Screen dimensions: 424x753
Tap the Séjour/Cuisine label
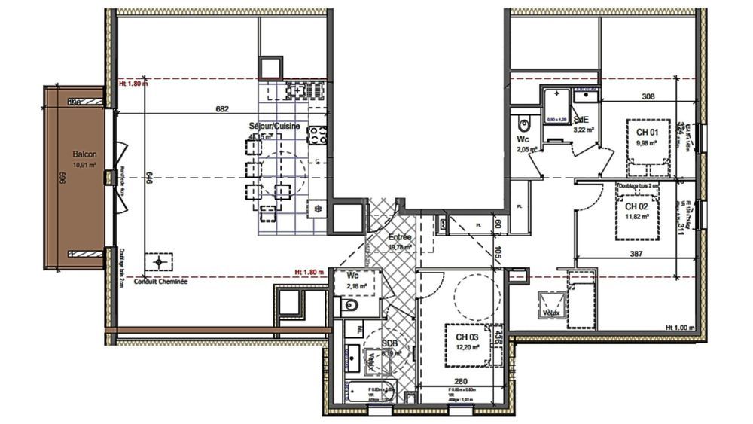[276, 127]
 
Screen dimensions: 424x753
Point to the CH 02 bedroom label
[637, 206]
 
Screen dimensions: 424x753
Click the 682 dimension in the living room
[221, 109]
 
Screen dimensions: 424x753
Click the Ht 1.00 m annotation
[679, 328]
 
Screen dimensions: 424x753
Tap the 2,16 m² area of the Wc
[357, 286]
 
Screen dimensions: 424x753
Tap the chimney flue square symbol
[159, 262]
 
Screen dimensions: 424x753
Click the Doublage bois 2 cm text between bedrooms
[638, 185]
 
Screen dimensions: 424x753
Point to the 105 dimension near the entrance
[498, 255]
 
